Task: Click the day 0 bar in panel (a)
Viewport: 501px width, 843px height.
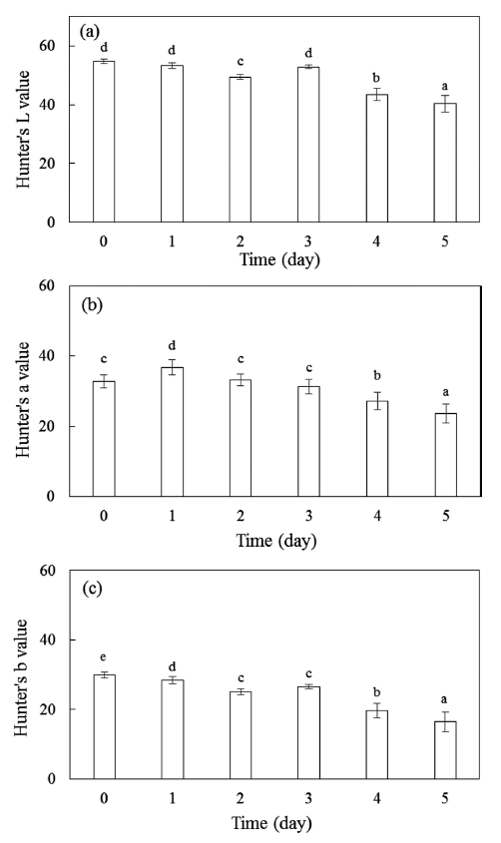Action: pos(104,142)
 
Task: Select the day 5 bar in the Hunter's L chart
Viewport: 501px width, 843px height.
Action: pos(445,163)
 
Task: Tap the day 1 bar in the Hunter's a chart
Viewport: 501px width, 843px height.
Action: pos(172,432)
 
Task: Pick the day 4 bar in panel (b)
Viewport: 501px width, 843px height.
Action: pos(377,448)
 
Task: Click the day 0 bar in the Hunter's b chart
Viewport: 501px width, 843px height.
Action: pos(104,727)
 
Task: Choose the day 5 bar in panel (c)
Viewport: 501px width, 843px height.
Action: pos(446,750)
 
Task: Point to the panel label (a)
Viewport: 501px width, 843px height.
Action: pos(90,32)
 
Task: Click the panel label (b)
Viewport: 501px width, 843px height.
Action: pos(92,305)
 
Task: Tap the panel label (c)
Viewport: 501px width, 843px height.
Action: pos(92,589)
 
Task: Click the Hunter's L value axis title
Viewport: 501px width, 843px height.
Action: pos(23,130)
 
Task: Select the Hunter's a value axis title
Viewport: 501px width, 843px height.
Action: pos(23,399)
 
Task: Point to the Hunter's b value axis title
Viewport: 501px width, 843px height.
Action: pos(20,677)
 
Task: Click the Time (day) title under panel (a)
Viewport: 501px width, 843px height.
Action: pos(279,259)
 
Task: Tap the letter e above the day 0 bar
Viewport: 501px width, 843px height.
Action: pos(104,657)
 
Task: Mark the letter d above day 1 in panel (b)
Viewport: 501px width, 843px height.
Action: pos(172,345)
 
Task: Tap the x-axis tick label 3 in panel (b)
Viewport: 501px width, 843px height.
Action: pos(308,516)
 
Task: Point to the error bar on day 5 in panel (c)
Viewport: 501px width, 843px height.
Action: pos(446,721)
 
